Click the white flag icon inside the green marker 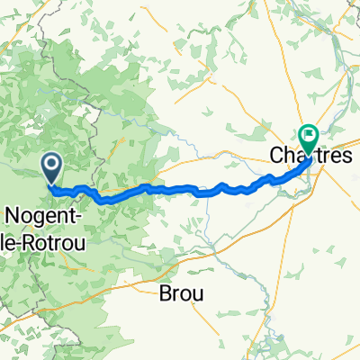coord(310,136)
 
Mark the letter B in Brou coord(163,292)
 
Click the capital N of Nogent coord(14,214)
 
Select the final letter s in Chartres coord(345,156)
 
